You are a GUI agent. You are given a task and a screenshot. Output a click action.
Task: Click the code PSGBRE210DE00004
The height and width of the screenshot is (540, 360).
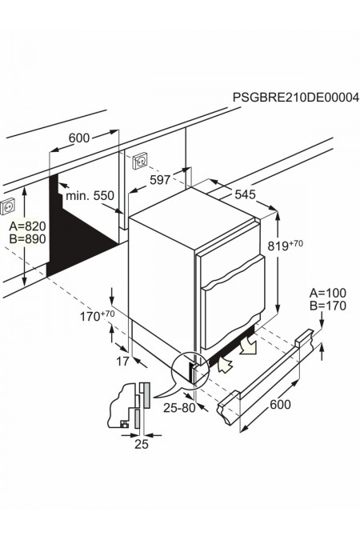295,97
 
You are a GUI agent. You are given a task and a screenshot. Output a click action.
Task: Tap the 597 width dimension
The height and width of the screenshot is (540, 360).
160,180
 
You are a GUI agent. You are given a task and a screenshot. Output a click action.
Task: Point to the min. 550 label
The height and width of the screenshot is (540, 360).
90,195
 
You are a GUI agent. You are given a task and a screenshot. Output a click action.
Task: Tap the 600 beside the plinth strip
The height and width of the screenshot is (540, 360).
280,405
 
